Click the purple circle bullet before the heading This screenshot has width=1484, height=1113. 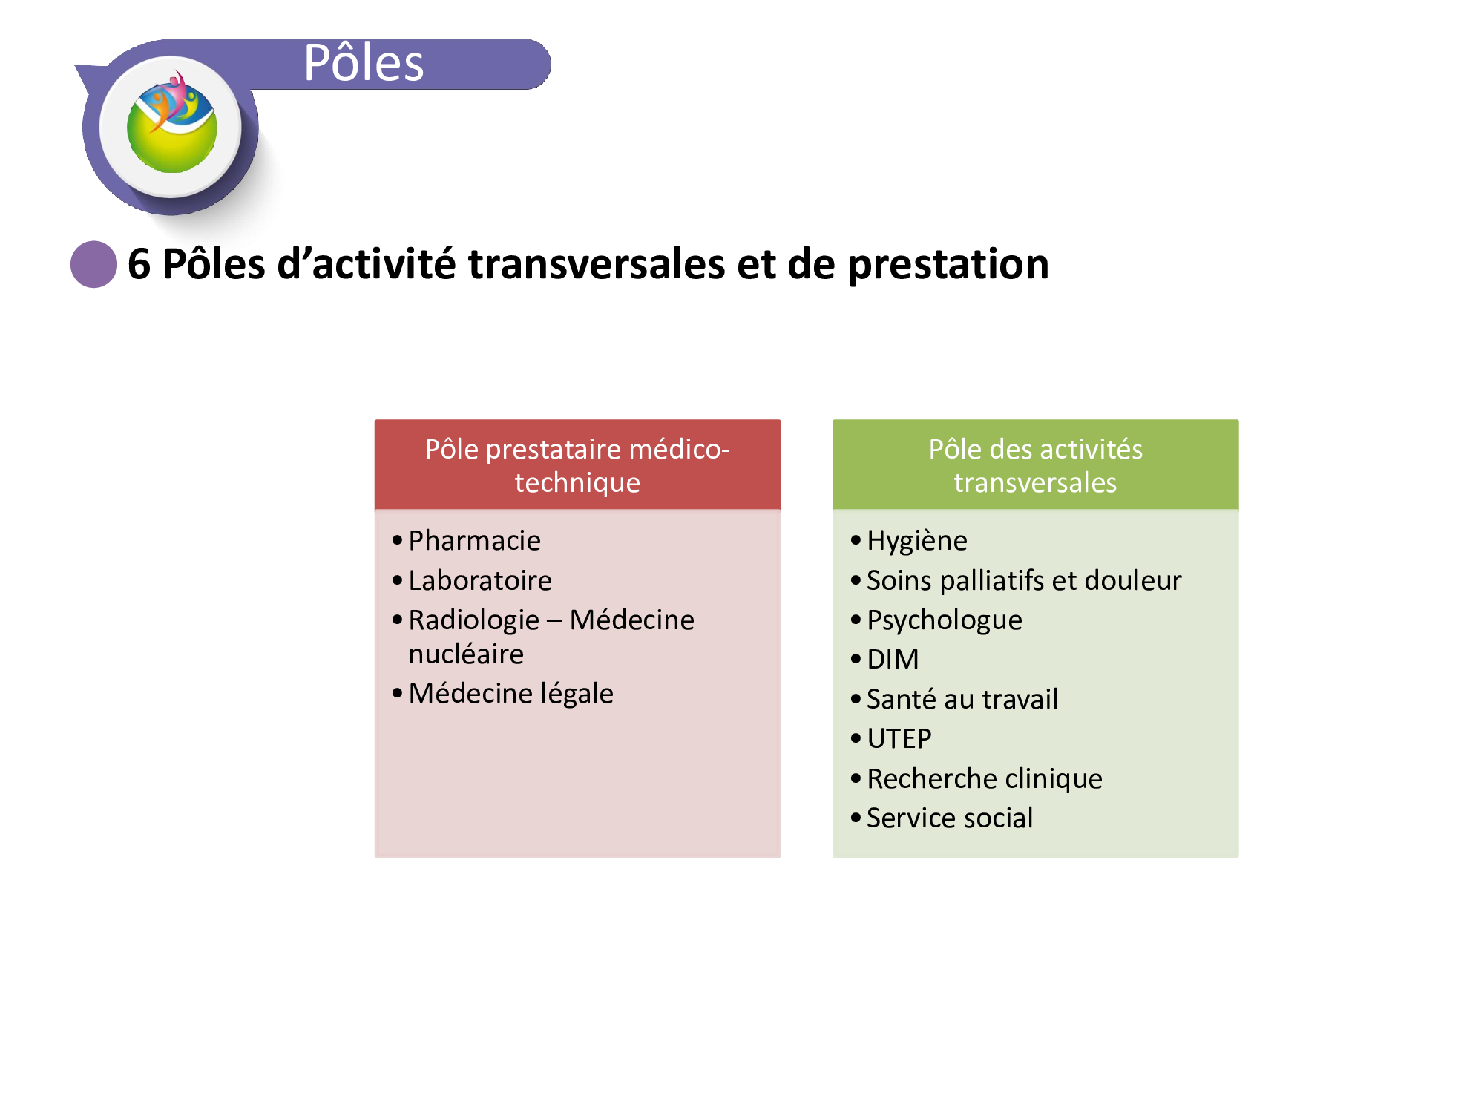click(x=93, y=264)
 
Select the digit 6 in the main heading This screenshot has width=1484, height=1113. click(x=139, y=264)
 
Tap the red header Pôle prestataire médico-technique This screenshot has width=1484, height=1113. click(x=577, y=465)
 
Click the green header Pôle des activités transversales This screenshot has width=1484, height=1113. click(x=1035, y=465)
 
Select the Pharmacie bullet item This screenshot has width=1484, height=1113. click(x=475, y=540)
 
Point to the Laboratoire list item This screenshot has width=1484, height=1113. click(x=480, y=580)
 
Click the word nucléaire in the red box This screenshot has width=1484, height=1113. click(x=466, y=654)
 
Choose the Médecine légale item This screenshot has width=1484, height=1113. click(x=511, y=693)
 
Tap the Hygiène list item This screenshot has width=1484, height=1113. click(x=917, y=541)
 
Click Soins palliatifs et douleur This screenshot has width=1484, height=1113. click(x=1024, y=580)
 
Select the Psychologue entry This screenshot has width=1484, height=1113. click(x=945, y=620)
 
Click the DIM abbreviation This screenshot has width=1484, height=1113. click(x=893, y=659)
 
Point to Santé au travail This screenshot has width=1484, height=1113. click(x=962, y=699)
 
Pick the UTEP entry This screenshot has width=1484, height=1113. click(x=899, y=738)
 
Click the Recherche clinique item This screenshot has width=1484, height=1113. click(x=985, y=778)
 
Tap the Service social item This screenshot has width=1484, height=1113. click(x=950, y=818)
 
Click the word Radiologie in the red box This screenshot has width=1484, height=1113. click(x=474, y=620)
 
